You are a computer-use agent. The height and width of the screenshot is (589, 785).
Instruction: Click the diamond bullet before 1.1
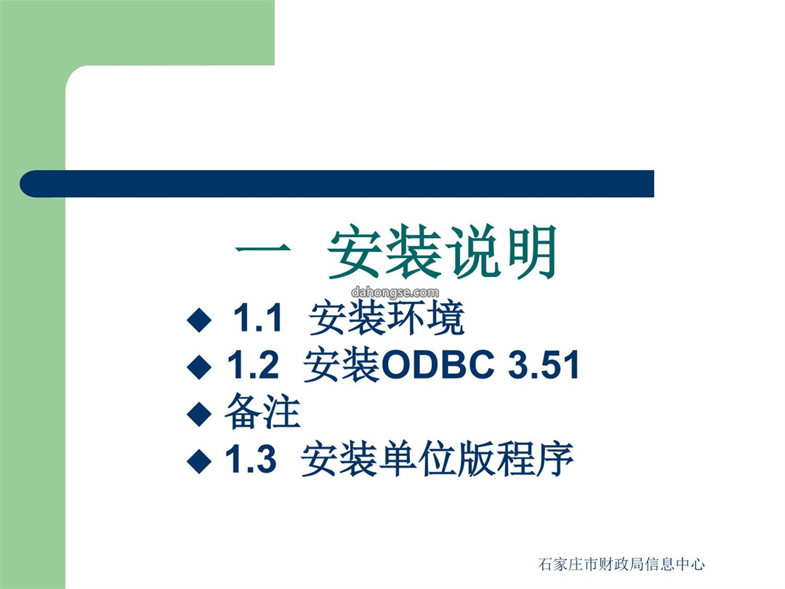[198, 320]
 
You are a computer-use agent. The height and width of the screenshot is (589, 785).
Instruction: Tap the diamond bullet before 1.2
[198, 366]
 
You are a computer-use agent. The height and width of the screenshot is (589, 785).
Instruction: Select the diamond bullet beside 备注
[198, 414]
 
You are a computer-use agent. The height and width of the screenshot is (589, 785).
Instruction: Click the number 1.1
[258, 318]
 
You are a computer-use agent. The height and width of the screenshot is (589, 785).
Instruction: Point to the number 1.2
[253, 364]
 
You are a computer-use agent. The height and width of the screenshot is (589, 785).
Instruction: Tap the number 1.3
[250, 458]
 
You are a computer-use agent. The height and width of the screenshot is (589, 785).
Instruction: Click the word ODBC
[438, 364]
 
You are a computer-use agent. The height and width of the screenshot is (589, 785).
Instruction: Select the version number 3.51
[544, 364]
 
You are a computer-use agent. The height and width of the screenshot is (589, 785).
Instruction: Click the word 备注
[263, 411]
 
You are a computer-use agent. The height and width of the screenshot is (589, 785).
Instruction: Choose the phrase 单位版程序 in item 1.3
[475, 459]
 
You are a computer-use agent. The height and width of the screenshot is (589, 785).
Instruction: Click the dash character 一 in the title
[263, 249]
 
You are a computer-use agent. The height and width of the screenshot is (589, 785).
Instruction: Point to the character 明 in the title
[531, 252]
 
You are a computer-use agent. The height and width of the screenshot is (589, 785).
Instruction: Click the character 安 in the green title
[356, 252]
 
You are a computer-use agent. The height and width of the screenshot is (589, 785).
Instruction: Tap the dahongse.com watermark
[395, 292]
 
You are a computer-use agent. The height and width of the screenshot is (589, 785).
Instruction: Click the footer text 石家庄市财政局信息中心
[621, 564]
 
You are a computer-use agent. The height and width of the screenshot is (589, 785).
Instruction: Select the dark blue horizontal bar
[337, 184]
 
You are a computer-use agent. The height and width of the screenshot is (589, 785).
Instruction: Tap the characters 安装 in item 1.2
[342, 364]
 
